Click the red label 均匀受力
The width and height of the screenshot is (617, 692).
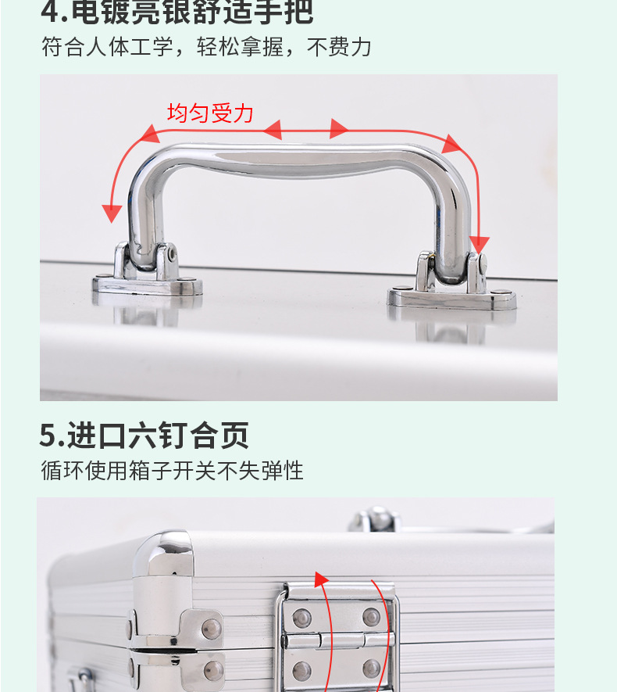click(210, 113)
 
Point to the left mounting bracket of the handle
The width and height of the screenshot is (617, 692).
click(147, 273)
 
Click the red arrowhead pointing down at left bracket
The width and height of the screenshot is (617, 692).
click(112, 211)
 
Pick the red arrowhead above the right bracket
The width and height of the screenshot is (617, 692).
click(479, 244)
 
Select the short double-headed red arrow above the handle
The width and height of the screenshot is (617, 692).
click(305, 129)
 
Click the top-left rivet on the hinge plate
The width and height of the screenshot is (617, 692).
click(300, 618)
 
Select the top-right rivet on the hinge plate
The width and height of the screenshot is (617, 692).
click(373, 618)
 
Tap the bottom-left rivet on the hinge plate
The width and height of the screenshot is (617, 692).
click(300, 669)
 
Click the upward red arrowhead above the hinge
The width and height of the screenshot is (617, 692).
click(319, 579)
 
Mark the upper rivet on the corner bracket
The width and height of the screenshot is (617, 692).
click(211, 628)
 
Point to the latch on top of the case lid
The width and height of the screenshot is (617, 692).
click(374, 519)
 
